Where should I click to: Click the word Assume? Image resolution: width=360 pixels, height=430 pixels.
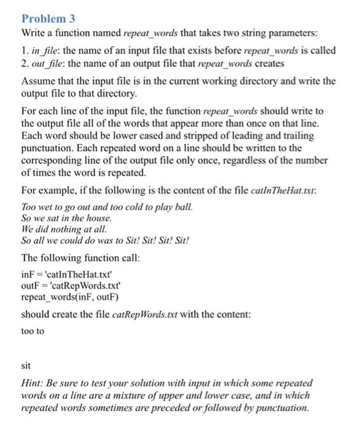point(37,81)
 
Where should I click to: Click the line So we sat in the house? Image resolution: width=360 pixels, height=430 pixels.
point(67,218)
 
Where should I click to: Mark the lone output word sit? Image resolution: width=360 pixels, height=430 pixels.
point(26,365)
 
